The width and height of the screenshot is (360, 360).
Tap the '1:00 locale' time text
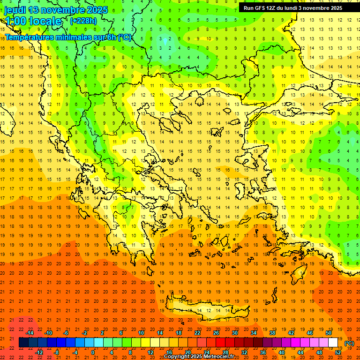click(x=33, y=21)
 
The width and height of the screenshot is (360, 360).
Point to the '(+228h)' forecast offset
click(x=83, y=21)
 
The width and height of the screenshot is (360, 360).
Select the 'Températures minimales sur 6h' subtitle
click(x=68, y=37)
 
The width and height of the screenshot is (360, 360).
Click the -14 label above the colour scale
click(x=30, y=333)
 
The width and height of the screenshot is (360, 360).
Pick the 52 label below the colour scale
click(x=338, y=352)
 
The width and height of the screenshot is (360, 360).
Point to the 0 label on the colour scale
click(x=93, y=352)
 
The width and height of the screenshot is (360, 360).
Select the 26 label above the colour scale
click(x=216, y=333)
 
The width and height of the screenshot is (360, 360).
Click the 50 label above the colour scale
click(x=329, y=333)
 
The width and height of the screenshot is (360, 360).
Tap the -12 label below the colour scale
click(x=39, y=352)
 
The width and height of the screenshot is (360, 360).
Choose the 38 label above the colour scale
click(x=272, y=333)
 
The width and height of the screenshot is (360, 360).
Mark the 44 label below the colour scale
click(x=300, y=352)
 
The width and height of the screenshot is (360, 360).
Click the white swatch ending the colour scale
click(x=333, y=343)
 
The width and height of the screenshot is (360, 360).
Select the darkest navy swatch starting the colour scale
click(x=23, y=343)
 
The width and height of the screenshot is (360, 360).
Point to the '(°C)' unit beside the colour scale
click(x=349, y=343)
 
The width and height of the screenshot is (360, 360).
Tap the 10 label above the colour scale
click(x=141, y=333)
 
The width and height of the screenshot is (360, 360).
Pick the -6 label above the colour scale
click(x=67, y=333)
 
